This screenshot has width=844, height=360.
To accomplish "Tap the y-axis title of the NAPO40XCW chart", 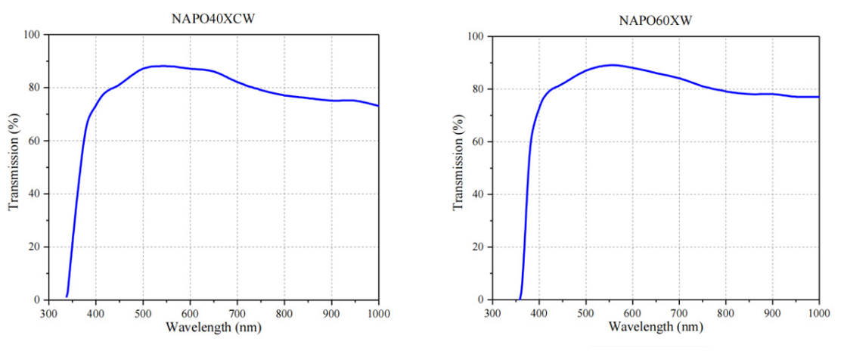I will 14,166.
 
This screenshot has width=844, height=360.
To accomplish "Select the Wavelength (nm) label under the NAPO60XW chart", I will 656,328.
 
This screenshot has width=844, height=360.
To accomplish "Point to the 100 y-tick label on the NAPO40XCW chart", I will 33,35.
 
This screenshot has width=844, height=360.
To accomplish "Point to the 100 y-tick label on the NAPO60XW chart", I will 476,36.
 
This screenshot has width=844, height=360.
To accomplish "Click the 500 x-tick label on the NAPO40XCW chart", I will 143,312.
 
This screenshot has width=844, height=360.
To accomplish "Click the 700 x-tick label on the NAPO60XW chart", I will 679,312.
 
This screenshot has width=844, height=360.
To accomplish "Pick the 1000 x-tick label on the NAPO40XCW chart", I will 377,312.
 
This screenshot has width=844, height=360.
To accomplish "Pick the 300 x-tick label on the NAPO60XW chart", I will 492,312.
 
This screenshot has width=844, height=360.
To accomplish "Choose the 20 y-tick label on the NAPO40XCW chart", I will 36,247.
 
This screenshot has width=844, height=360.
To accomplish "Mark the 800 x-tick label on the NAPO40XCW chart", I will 284,312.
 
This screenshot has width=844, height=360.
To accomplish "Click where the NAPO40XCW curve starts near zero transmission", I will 67,296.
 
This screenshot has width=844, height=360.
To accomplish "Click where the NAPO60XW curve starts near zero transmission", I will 520,298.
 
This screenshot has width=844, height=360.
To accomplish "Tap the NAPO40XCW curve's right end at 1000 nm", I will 378,106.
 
